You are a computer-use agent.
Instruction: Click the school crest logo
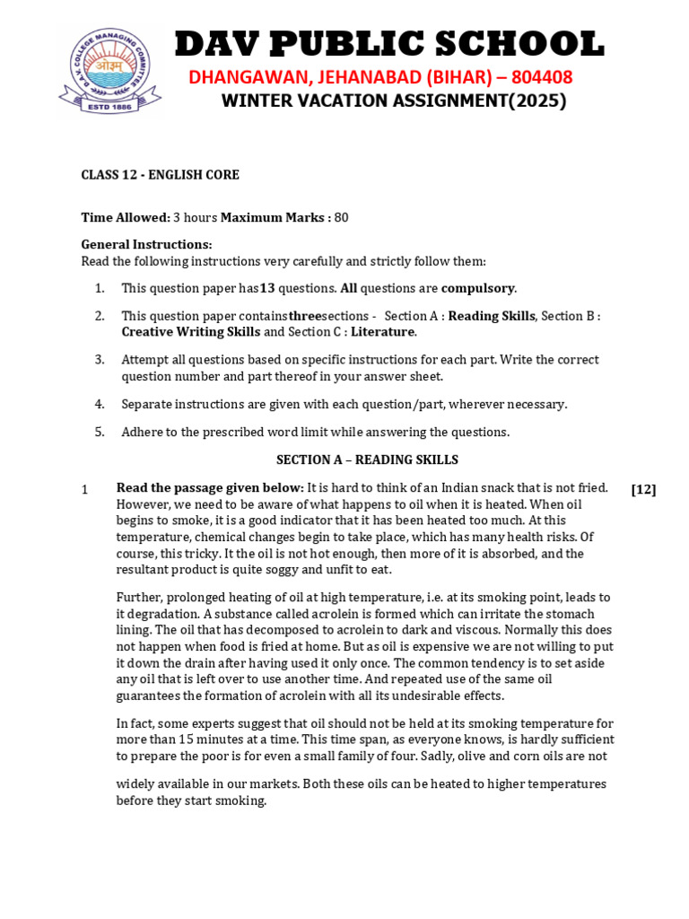pyautogui.click(x=110, y=72)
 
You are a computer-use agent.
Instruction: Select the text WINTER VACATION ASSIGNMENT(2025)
pyautogui.click(x=394, y=101)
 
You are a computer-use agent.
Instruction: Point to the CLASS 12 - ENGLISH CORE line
pyautogui.click(x=160, y=175)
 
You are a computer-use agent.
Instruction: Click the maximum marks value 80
pyautogui.click(x=341, y=217)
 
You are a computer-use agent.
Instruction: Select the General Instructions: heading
pyautogui.click(x=146, y=244)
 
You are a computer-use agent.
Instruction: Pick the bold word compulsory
pyautogui.click(x=478, y=288)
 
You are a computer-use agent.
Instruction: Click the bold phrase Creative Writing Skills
pyautogui.click(x=190, y=332)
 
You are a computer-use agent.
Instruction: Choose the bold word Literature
pyautogui.click(x=382, y=332)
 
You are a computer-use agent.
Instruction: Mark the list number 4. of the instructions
pyautogui.click(x=100, y=404)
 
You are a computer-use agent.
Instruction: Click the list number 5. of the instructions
pyautogui.click(x=100, y=432)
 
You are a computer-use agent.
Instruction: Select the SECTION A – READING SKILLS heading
pyautogui.click(x=367, y=459)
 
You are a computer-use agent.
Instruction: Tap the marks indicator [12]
pyautogui.click(x=643, y=489)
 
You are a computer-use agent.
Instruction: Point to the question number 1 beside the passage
pyautogui.click(x=84, y=490)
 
